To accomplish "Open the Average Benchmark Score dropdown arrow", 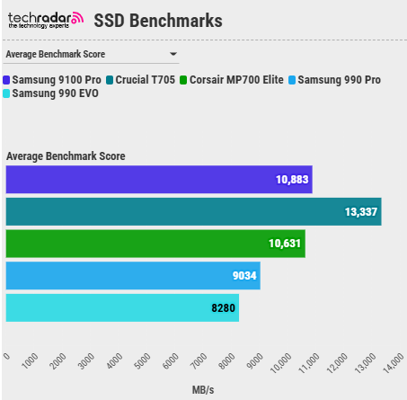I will point(173,55).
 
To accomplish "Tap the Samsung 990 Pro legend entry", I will point(336,80).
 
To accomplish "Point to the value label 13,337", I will point(360,212).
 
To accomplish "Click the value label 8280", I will point(223,308).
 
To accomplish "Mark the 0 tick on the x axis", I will point(7,357).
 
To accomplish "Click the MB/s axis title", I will point(203,390).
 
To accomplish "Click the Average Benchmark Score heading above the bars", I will point(66,156).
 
